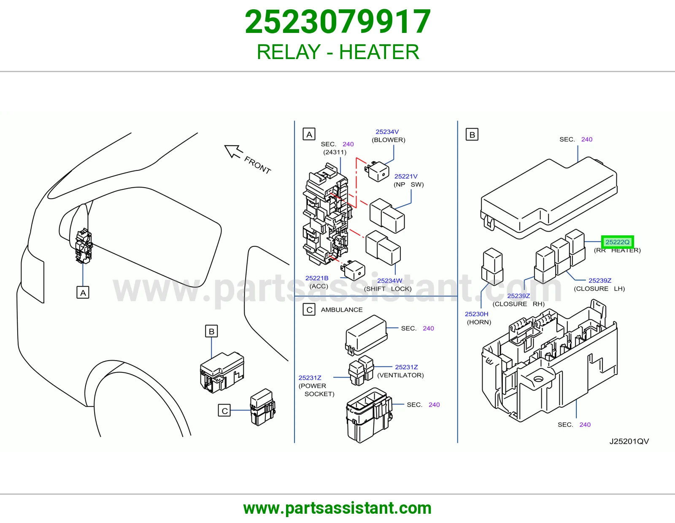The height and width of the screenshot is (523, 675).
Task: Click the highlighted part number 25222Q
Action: [617, 242]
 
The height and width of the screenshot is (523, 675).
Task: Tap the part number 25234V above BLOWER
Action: [387, 132]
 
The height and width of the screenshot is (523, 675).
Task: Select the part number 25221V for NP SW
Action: [406, 176]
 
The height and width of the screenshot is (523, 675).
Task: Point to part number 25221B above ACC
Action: [316, 278]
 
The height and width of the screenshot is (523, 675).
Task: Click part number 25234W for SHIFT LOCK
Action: [389, 281]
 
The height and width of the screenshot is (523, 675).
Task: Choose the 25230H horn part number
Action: [476, 314]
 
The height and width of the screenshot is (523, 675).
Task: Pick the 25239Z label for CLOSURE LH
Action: [600, 280]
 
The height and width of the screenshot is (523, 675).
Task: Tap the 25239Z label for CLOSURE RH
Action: [518, 296]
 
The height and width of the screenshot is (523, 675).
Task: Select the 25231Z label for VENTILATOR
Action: [406, 367]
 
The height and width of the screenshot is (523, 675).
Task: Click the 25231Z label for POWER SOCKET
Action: [310, 377]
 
